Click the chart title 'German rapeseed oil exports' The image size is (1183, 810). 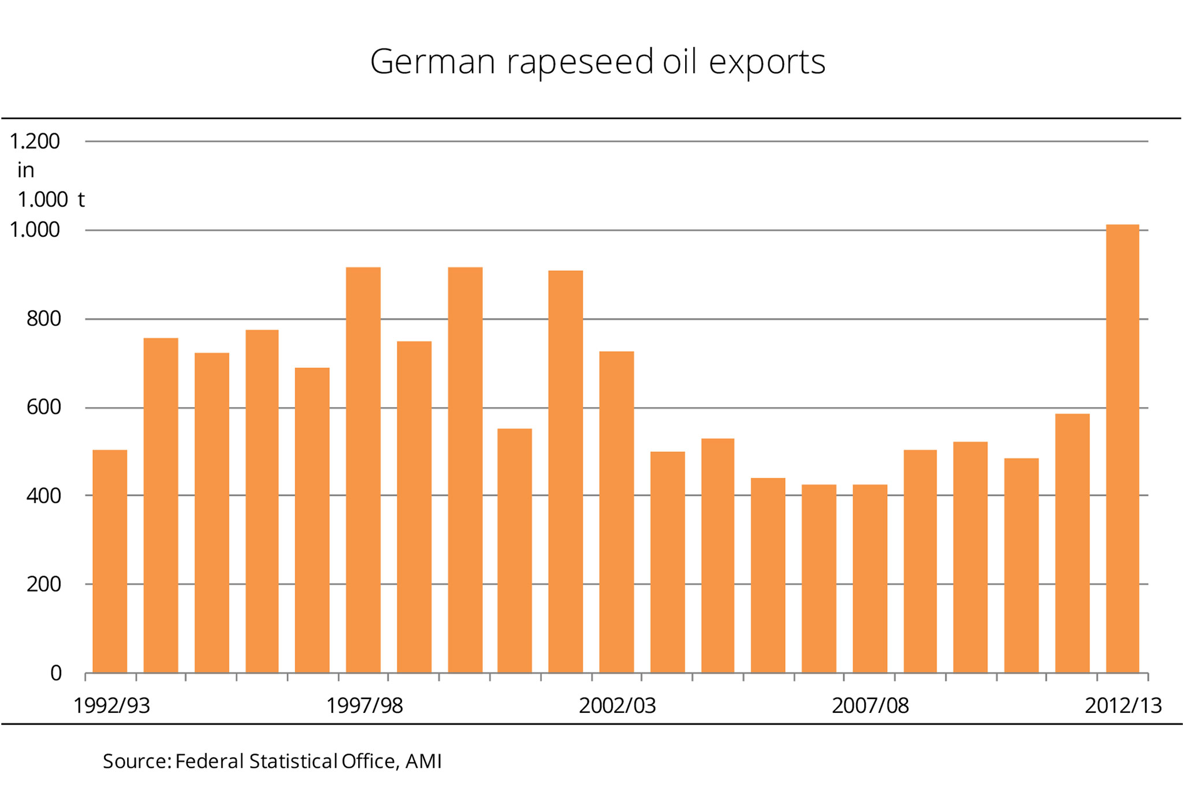click(597, 62)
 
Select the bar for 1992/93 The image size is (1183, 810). click(110, 561)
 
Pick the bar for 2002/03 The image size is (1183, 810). click(616, 512)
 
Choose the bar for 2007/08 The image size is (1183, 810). click(870, 578)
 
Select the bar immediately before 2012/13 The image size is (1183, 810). click(1072, 543)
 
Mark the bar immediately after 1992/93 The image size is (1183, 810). click(161, 505)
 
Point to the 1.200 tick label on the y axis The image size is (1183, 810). click(35, 142)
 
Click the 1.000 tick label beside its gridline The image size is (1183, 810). click(35, 230)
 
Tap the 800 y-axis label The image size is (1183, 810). click(43, 319)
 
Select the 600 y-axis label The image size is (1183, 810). click(43, 407)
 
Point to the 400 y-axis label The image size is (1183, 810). click(43, 496)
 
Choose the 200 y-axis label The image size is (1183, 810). click(43, 584)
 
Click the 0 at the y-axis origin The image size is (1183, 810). click(56, 673)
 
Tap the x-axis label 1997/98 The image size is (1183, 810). click(364, 705)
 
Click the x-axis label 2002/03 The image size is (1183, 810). click(617, 705)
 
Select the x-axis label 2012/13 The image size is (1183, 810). click(1123, 705)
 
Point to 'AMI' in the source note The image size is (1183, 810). click(423, 761)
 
